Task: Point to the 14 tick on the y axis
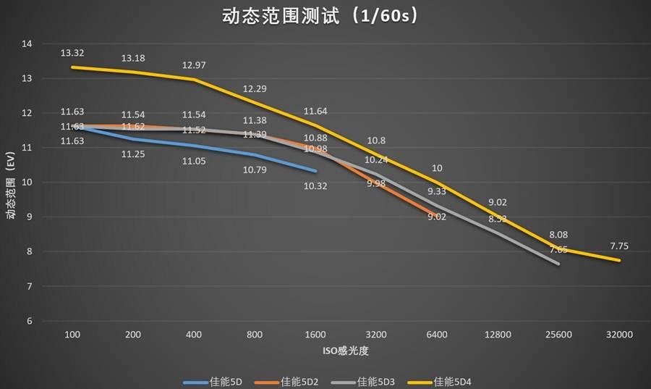pos(27,43)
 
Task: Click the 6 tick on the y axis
pos(29,321)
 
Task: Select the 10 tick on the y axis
pos(27,183)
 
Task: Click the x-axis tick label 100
pos(72,335)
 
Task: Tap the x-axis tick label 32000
pos(619,335)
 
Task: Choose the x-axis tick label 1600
pos(315,335)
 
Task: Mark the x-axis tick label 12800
pos(498,335)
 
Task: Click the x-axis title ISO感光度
pos(345,351)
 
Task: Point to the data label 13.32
pos(72,53)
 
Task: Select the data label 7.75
pos(619,246)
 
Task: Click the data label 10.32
pos(315,185)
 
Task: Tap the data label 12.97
pos(194,65)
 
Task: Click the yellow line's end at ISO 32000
pos(620,260)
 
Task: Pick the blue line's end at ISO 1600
pos(316,171)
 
